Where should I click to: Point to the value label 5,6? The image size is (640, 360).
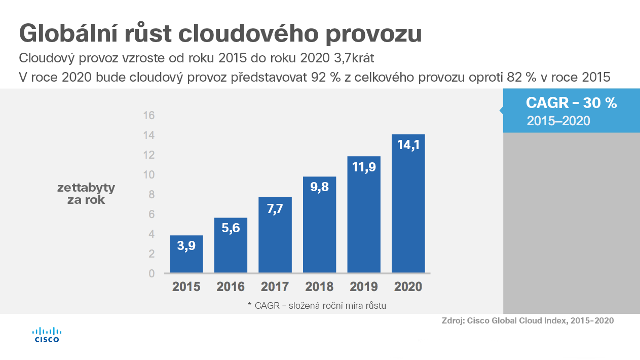coord(231,228)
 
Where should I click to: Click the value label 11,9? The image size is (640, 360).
coord(364,166)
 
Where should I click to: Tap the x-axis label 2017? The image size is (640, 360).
coord(275,287)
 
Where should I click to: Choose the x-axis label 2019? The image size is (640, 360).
coord(364,287)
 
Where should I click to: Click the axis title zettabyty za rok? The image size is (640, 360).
coord(86,194)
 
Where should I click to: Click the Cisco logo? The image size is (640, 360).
coord(47,335)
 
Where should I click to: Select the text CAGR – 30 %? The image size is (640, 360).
coord(571,103)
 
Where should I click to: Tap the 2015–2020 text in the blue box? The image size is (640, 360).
coord(558,121)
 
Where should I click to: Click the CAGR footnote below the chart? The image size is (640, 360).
coord(317,305)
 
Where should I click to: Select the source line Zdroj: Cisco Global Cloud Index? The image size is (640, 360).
coord(528,320)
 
